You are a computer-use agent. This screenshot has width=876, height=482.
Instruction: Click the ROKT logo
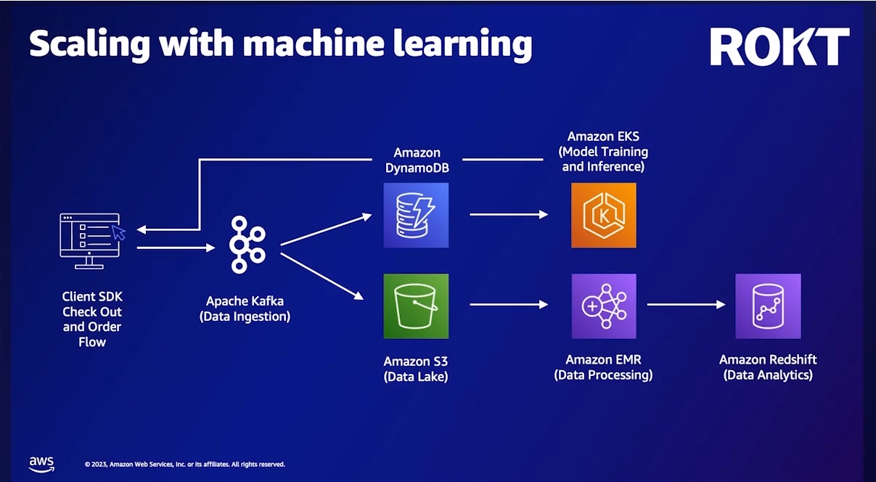tap(779, 47)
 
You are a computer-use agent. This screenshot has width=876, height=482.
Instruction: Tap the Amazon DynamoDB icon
tap(416, 215)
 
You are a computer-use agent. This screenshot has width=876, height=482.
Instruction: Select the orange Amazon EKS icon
tap(604, 215)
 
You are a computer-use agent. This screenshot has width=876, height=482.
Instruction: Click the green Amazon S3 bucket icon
tap(416, 306)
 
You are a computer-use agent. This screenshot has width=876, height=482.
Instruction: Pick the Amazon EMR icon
tap(604, 306)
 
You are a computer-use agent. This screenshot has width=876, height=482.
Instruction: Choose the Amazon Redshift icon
tap(768, 306)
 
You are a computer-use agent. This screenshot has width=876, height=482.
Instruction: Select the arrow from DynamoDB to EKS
tap(509, 215)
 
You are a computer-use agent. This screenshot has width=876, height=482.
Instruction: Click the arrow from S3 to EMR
tap(509, 305)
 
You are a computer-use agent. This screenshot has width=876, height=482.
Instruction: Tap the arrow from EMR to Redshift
tap(686, 305)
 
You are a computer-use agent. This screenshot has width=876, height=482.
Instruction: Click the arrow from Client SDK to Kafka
tap(176, 248)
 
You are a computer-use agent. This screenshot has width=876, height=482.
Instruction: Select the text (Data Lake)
tap(416, 376)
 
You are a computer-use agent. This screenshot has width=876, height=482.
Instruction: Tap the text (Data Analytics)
tap(768, 375)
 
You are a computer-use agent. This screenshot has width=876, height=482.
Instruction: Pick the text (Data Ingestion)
tap(245, 316)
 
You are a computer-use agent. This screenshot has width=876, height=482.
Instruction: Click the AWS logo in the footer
tap(41, 462)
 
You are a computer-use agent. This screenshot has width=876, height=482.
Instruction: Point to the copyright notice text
tap(185, 464)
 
